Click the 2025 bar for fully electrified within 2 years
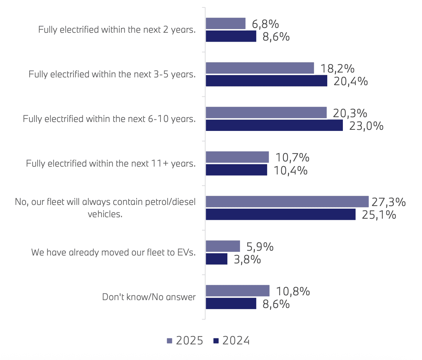225,23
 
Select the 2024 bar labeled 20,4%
266,81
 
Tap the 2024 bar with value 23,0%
274,125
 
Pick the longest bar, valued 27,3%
287,202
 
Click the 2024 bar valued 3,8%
217,259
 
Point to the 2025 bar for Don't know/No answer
237,291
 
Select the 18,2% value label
337,69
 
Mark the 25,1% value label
379,215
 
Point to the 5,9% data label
260,247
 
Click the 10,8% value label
293,291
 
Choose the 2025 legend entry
185,341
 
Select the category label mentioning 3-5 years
112,74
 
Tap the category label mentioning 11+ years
111,163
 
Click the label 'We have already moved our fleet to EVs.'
113,253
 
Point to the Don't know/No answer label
149,297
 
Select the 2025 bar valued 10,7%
237,157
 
